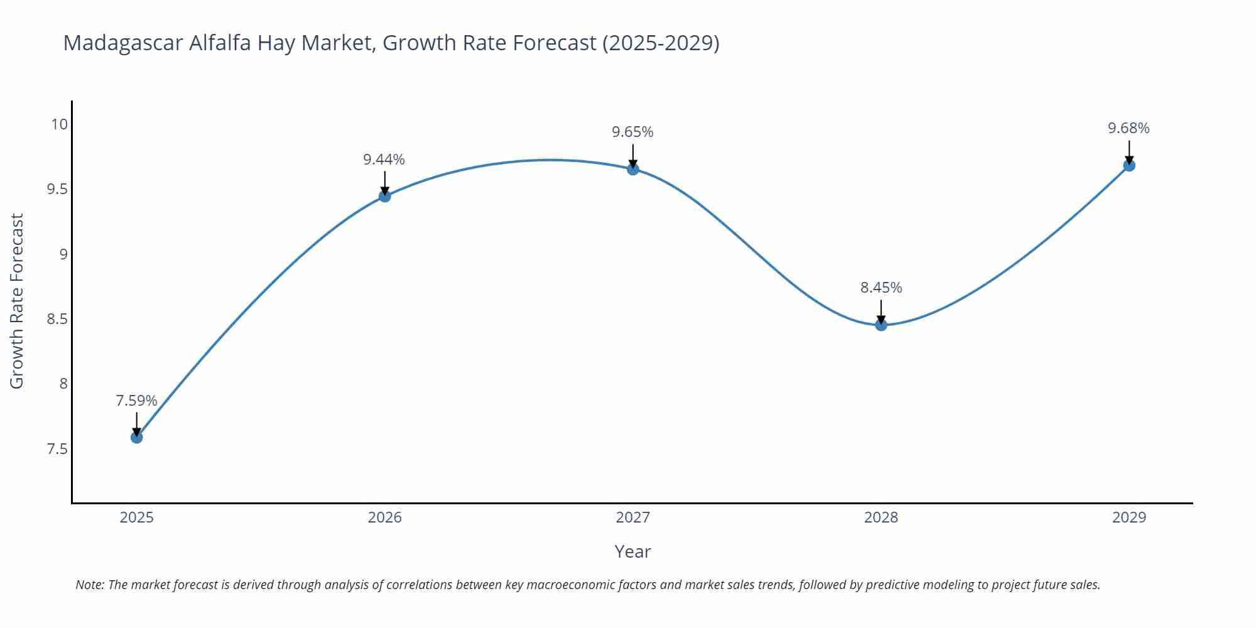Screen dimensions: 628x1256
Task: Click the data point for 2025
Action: click(137, 437)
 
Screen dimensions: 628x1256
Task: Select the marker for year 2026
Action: click(385, 196)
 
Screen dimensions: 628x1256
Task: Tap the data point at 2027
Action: click(633, 169)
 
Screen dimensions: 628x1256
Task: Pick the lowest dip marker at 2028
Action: click(881, 325)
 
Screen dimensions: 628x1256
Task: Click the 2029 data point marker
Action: click(1129, 165)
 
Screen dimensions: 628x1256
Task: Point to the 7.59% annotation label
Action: click(136, 401)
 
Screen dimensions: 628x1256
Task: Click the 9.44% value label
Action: click(384, 160)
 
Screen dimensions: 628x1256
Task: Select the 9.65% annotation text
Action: click(632, 132)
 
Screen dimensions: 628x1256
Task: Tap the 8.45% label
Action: click(880, 288)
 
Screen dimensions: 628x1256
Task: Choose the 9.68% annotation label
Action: click(1129, 128)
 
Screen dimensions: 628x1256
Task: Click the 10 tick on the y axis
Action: click(59, 124)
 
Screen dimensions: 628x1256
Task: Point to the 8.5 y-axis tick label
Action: click(57, 319)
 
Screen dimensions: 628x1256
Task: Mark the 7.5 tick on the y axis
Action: click(57, 449)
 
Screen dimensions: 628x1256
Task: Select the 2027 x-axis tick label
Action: click(632, 517)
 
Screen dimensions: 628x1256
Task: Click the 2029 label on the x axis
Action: click(1129, 517)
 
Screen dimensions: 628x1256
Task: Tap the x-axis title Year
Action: click(632, 551)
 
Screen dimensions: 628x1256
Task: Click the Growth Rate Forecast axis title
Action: click(17, 301)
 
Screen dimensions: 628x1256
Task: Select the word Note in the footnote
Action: click(90, 585)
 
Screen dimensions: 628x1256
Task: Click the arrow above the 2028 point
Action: click(881, 311)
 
